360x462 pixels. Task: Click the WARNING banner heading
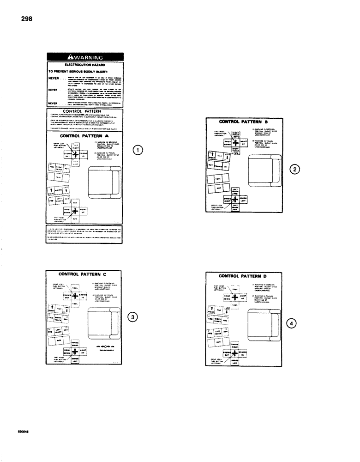86,57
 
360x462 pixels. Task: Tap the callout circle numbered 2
294,169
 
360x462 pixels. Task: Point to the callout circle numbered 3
132,317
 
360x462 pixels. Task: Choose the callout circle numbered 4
291,323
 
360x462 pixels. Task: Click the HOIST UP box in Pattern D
242,298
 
